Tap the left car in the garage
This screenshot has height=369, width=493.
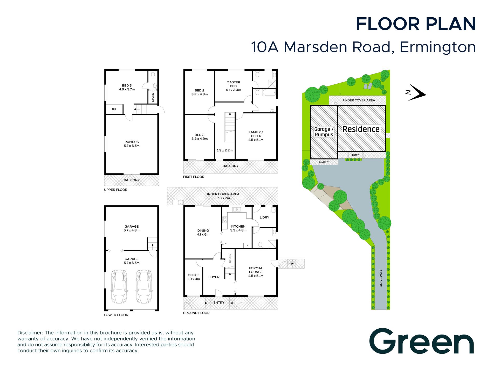(119, 287)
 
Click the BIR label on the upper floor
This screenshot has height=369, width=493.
(114, 109)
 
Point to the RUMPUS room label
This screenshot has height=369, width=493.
(132, 142)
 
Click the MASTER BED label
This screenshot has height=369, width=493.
(233, 84)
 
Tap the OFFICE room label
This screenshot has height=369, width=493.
(194, 275)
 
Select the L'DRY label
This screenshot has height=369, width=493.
(264, 218)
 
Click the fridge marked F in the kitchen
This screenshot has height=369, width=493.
(248, 245)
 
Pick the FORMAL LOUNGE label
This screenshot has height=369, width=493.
(256, 270)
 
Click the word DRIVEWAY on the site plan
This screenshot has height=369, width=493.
(381, 278)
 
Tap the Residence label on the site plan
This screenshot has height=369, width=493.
(361, 129)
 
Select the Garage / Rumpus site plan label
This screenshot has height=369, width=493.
(324, 132)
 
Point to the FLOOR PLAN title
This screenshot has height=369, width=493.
(416, 24)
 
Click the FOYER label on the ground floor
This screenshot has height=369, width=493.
(214, 277)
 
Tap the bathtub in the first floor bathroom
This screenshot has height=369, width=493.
(269, 92)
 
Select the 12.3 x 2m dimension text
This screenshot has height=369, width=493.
(222, 198)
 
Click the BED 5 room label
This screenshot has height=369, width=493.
(127, 85)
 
